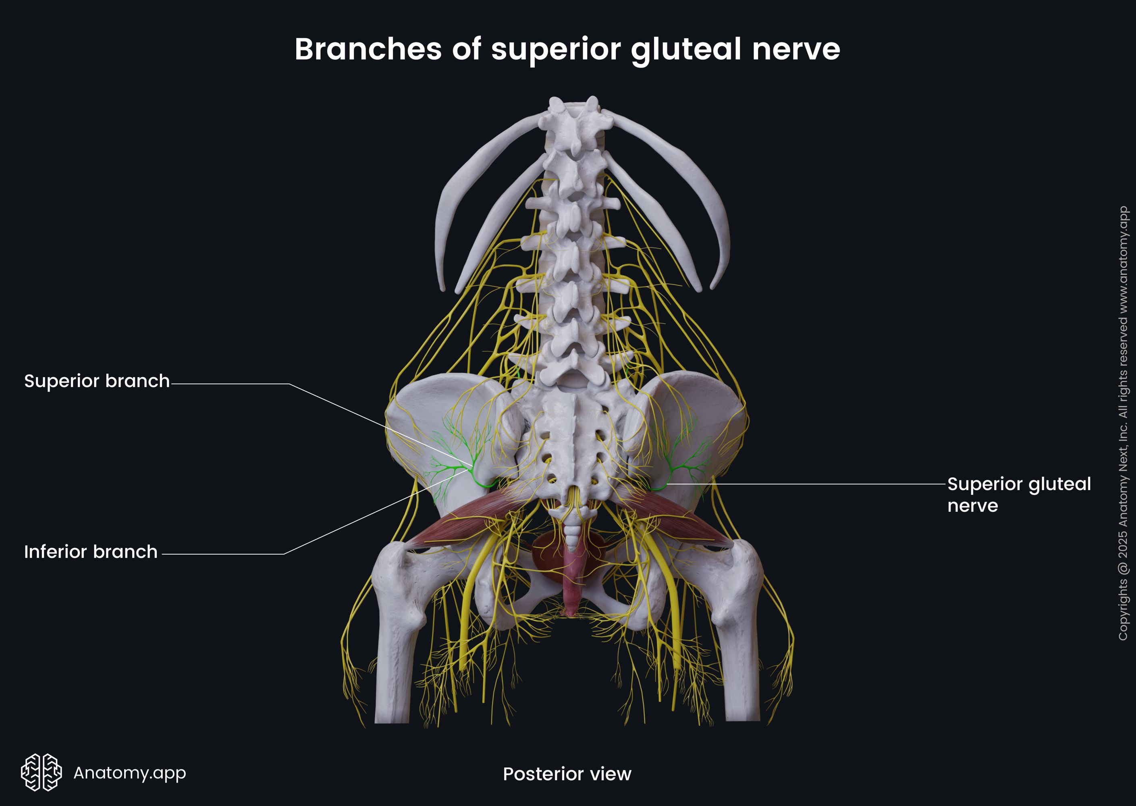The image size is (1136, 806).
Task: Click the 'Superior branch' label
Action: pyautogui.click(x=97, y=381)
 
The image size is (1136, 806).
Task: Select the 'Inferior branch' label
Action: pyautogui.click(x=91, y=552)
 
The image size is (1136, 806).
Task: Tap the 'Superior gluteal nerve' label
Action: pyautogui.click(x=1018, y=494)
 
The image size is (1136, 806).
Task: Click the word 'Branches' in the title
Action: pyautogui.click(x=368, y=50)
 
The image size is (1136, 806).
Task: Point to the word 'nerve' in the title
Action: pyautogui.click(x=795, y=50)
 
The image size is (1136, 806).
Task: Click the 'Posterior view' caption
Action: pyautogui.click(x=567, y=774)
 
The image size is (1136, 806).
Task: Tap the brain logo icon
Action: pyautogui.click(x=41, y=772)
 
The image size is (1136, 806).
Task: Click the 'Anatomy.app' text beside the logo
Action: pyautogui.click(x=129, y=773)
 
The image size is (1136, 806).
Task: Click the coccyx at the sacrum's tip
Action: pyautogui.click(x=572, y=536)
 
